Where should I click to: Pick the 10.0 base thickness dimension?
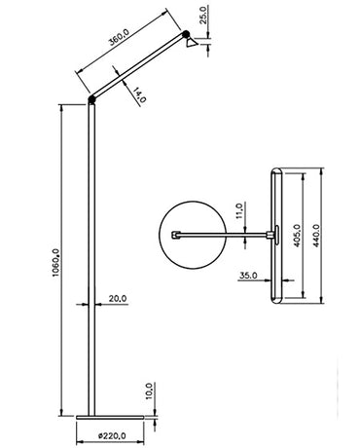click(148, 391)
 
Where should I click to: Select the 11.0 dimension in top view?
click(239, 213)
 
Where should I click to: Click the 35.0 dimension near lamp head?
click(246, 276)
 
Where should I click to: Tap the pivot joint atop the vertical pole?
click(91, 99)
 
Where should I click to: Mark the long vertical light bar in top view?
click(277, 237)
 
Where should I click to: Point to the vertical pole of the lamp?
click(91, 253)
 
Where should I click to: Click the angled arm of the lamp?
click(136, 70)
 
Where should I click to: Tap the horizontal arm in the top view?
click(224, 235)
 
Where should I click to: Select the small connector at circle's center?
click(176, 235)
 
